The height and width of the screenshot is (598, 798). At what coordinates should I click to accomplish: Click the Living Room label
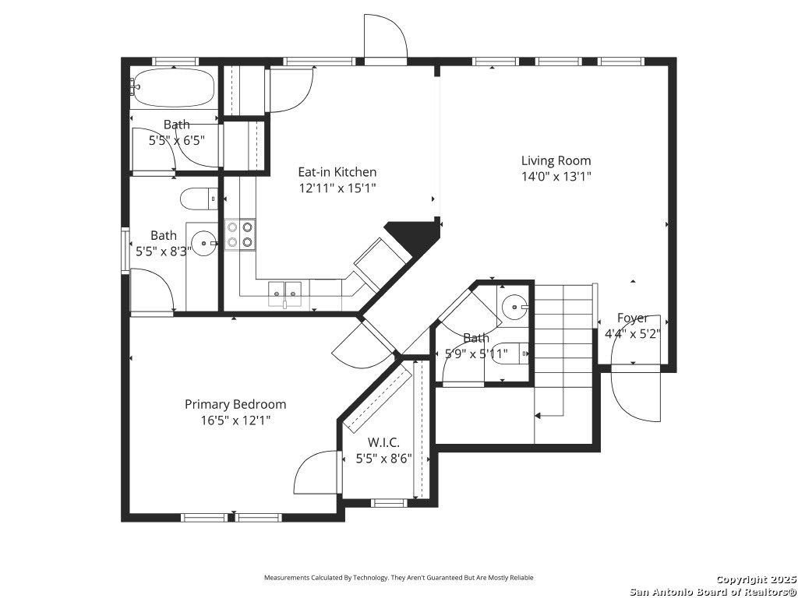[556, 160]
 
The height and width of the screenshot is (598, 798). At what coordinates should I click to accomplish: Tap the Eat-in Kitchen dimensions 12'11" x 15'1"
[337, 188]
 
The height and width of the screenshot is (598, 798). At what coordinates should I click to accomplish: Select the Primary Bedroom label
[235, 404]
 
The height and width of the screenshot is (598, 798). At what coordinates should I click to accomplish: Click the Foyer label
[633, 318]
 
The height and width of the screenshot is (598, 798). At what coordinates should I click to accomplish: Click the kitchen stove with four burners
[240, 234]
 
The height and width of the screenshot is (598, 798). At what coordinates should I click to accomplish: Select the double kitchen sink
[285, 294]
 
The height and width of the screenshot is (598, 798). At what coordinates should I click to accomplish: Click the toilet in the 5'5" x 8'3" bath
[199, 199]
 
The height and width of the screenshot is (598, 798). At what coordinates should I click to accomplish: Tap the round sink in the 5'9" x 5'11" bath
[515, 307]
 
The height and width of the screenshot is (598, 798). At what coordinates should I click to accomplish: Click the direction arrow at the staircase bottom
[549, 416]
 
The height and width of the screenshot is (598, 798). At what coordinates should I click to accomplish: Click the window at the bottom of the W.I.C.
[390, 503]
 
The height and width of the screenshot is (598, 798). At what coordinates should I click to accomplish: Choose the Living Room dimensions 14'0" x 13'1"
[556, 177]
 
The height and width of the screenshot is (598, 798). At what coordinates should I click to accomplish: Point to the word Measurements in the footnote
[286, 578]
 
